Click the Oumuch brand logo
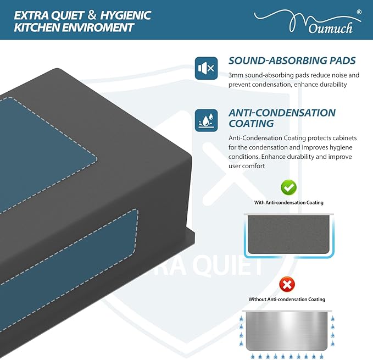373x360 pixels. (x=308, y=22)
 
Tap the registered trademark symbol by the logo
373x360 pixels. (x=359, y=12)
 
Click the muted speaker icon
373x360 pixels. (x=206, y=68)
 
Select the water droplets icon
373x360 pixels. (x=206, y=120)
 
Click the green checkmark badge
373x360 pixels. (x=288, y=187)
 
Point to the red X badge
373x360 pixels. (x=287, y=284)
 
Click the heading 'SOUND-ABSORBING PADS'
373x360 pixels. (x=292, y=60)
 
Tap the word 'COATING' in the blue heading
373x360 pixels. (x=251, y=124)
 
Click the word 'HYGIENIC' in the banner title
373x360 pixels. (x=125, y=16)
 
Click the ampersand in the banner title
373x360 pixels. (x=92, y=15)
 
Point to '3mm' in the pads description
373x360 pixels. (x=236, y=75)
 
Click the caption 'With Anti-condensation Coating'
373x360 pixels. (x=289, y=202)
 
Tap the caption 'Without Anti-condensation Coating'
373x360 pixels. (x=287, y=300)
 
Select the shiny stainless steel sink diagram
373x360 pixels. (x=287, y=331)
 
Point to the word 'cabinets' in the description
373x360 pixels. (x=344, y=138)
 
